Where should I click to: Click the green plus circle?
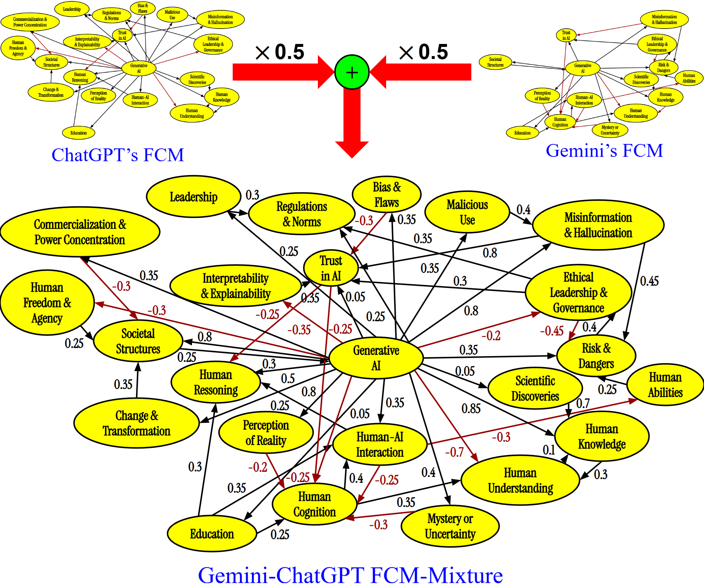tap(352, 72)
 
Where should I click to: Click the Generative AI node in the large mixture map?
tap(376, 358)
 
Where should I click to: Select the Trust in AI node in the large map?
tap(331, 268)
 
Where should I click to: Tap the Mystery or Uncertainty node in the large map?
tap(450, 526)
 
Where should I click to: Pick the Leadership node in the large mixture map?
tap(193, 197)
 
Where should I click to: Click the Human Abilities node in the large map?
tap(665, 385)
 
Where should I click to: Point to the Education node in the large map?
tap(212, 534)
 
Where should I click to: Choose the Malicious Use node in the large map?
tap(467, 212)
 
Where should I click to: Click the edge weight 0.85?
tap(471, 408)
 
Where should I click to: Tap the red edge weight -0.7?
tap(454, 452)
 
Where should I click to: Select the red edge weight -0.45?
tap(551, 331)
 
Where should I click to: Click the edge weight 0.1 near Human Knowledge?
tap(549, 450)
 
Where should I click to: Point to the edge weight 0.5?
tap(288, 378)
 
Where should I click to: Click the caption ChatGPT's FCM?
tap(117, 155)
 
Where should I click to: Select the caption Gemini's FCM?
tap(604, 151)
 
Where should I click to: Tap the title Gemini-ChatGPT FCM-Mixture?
tap(350, 575)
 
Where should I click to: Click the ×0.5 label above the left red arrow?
tap(280, 52)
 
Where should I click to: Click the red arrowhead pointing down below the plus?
tap(352, 149)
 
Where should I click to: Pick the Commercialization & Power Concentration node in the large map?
tap(80, 232)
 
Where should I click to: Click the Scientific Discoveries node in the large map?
tap(535, 388)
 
